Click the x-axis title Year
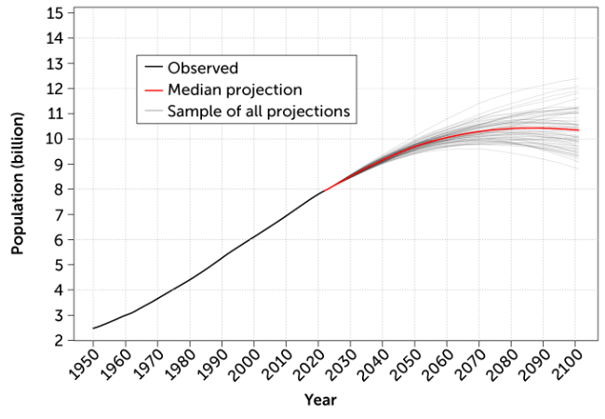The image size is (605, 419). (319, 400)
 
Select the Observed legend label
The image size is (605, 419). (203, 68)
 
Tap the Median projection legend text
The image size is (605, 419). (235, 89)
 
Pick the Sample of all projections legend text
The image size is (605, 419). (259, 111)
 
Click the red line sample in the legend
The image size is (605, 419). (154, 89)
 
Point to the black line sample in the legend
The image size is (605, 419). (154, 68)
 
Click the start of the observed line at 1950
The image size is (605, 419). (93, 328)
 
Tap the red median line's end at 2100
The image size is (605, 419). (578, 130)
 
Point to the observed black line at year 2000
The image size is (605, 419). (255, 237)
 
